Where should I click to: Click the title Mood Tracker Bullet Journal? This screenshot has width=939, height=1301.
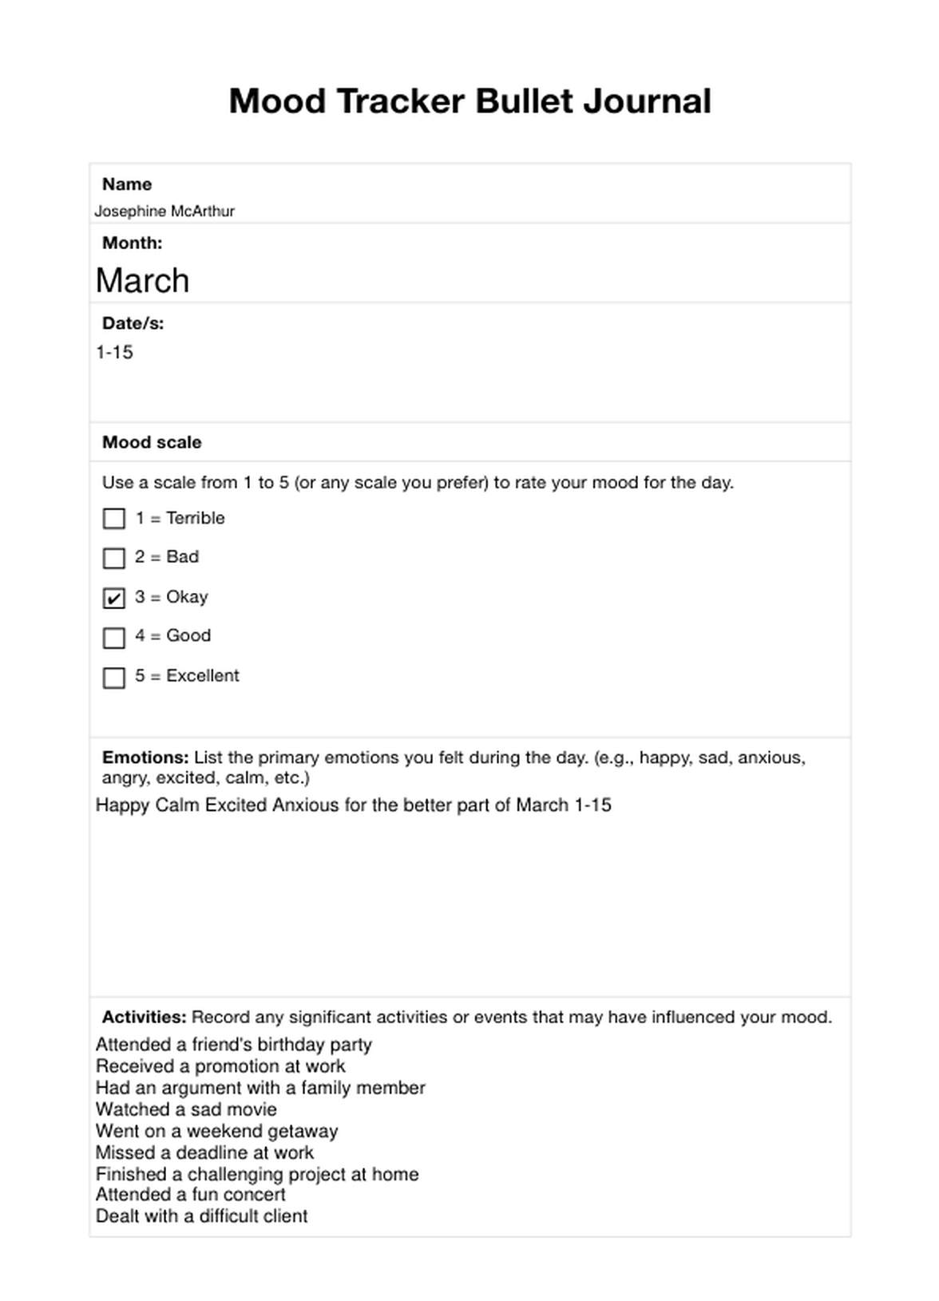point(469,101)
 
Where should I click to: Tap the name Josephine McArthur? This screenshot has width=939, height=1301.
point(164,212)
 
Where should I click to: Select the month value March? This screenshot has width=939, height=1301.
point(142,281)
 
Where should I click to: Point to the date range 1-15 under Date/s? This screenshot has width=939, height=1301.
point(114,353)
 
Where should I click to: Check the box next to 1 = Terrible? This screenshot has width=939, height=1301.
point(114,519)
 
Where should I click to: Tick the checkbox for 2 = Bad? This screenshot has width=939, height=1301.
point(114,558)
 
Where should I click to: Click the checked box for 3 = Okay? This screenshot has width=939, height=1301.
point(114,598)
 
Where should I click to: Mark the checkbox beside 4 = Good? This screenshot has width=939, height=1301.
point(114,638)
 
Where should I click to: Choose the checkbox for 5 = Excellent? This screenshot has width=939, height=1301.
point(114,678)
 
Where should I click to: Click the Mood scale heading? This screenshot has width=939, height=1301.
point(152,442)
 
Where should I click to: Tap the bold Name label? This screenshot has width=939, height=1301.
point(127,184)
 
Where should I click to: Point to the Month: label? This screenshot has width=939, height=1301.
point(132,243)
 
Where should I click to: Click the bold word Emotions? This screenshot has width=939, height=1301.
point(145,757)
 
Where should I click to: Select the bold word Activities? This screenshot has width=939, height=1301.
point(144,1017)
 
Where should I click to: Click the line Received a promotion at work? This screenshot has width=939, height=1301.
point(220,1066)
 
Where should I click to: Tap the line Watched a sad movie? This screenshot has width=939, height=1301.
point(186,1109)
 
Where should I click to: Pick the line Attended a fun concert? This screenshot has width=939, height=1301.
point(190,1195)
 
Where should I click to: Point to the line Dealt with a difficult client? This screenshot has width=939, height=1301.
point(201,1216)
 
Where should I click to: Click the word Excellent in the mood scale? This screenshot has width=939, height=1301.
point(203,676)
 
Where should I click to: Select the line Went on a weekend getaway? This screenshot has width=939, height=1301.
point(216,1131)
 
